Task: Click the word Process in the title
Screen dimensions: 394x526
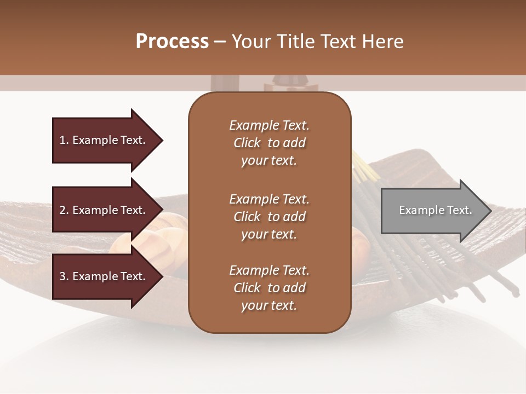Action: (x=172, y=42)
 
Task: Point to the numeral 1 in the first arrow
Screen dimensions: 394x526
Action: (x=62, y=140)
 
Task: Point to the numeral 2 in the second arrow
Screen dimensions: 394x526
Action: (x=62, y=210)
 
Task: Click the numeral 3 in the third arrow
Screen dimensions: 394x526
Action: (x=62, y=276)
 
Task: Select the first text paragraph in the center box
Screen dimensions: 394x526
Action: (x=269, y=143)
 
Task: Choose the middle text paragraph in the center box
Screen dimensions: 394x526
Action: (x=269, y=216)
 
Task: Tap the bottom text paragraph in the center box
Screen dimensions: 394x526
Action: (x=269, y=288)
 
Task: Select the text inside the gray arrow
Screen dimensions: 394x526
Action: (x=435, y=210)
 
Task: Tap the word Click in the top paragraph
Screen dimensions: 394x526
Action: (x=247, y=143)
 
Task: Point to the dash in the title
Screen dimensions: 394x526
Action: (x=220, y=42)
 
